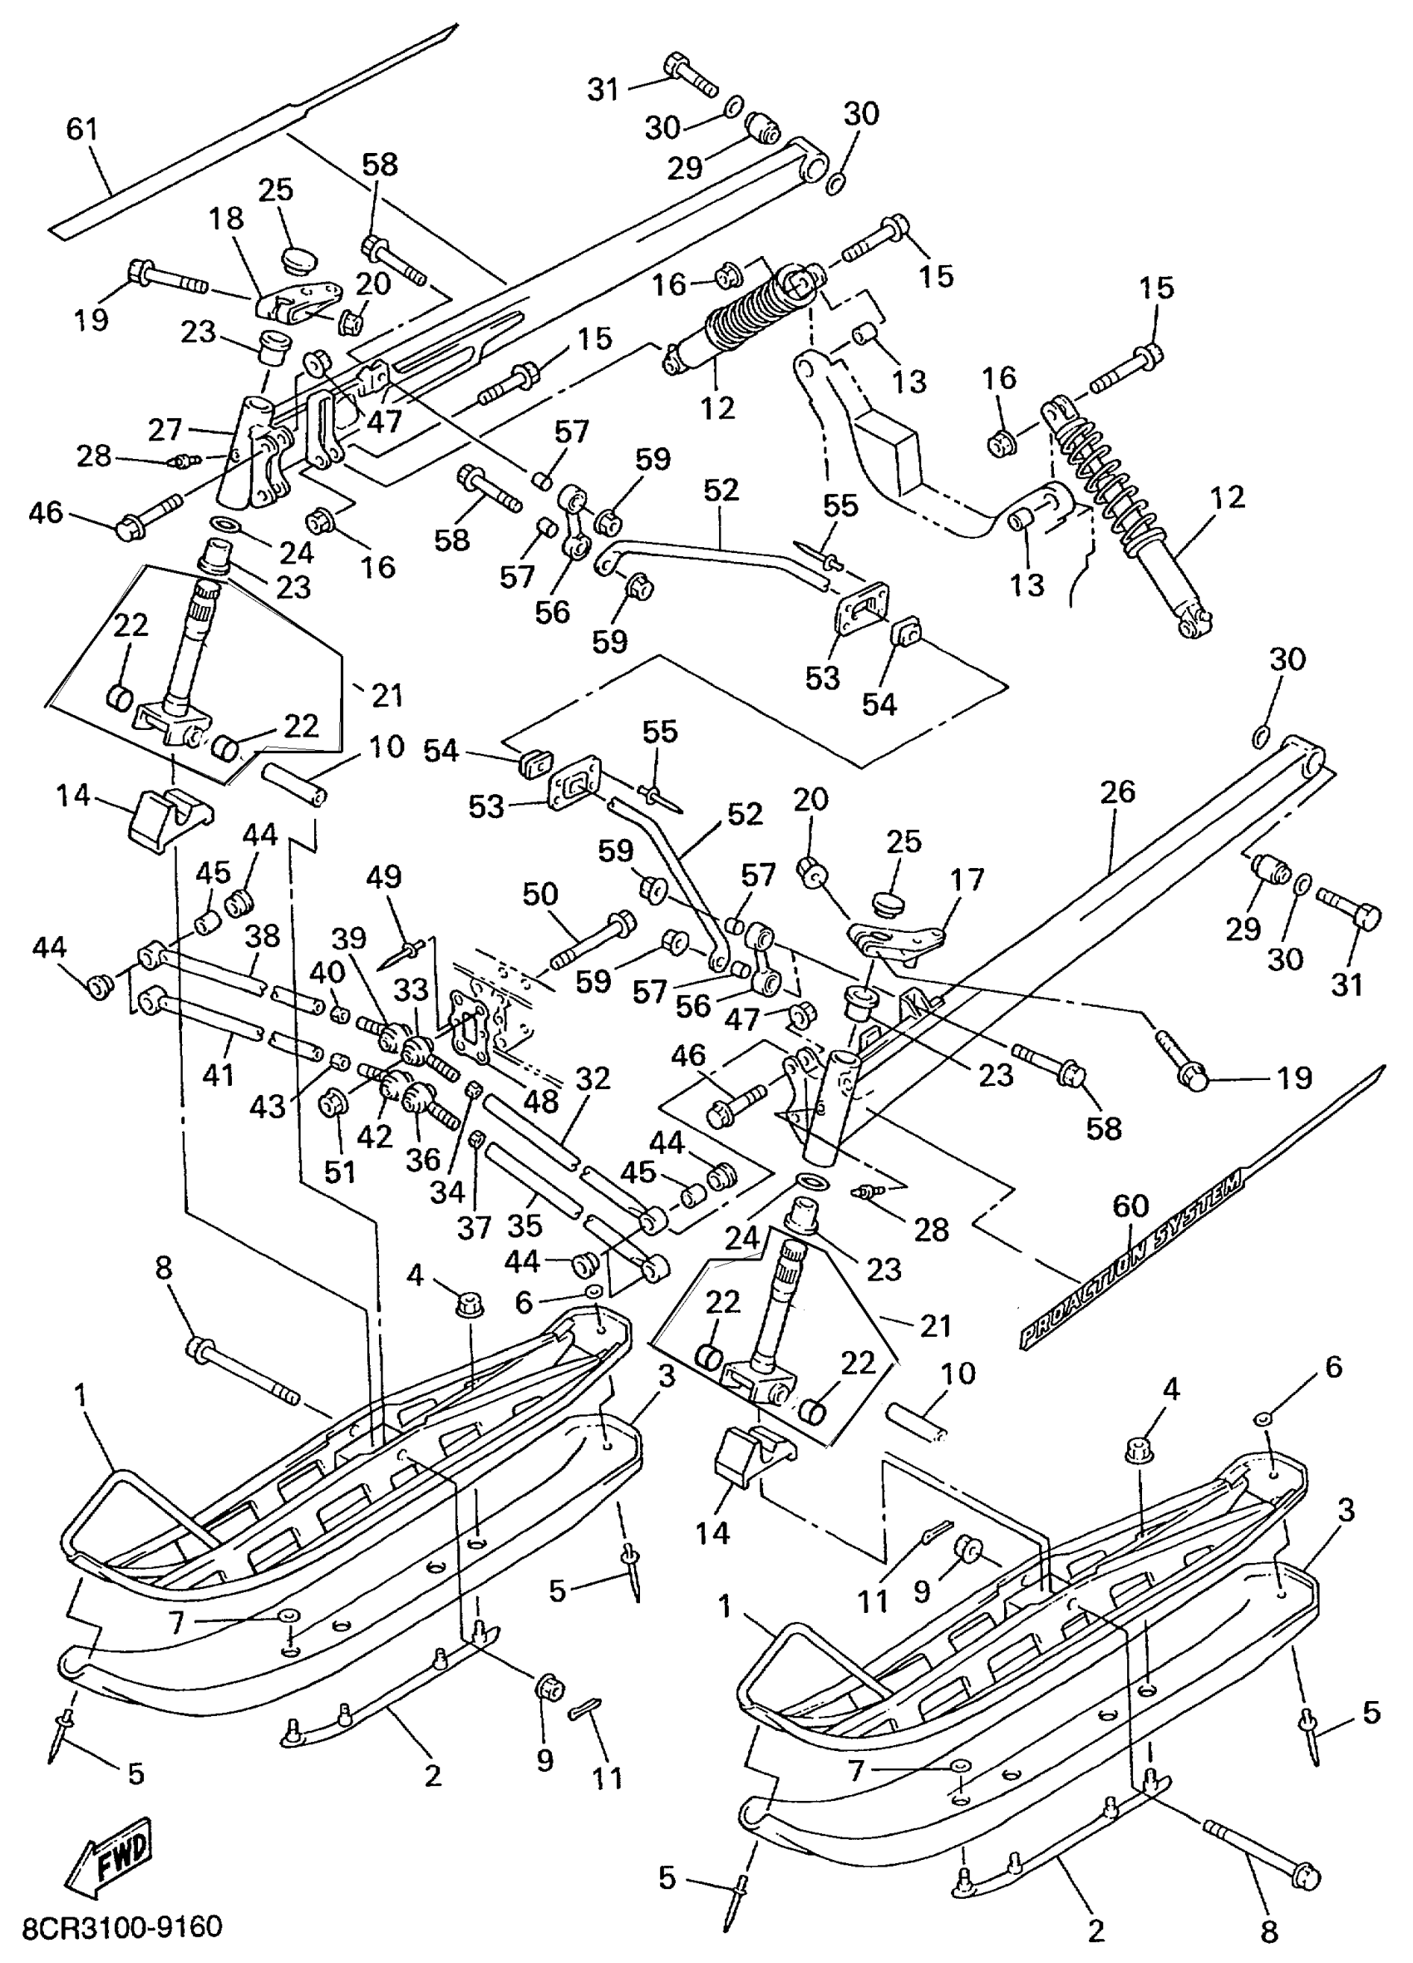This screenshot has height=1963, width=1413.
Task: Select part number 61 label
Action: [x=82, y=130]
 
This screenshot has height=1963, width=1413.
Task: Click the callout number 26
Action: [x=1117, y=792]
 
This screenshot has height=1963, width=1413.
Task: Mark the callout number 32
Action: [x=593, y=1078]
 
